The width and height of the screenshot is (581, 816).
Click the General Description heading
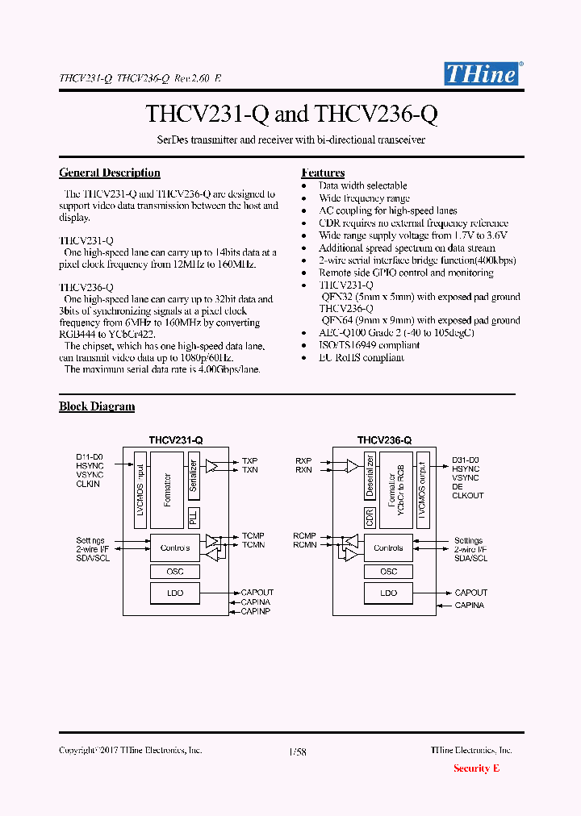click(110, 173)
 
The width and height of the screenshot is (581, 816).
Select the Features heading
click(323, 173)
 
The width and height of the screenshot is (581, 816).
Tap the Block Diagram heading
click(97, 406)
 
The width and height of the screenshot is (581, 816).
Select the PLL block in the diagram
click(194, 518)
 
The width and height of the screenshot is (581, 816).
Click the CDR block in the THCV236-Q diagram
click(370, 518)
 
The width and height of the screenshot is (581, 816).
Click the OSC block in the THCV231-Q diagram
click(175, 572)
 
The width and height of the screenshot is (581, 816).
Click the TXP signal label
click(249, 461)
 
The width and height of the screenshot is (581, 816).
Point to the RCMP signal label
click(304, 536)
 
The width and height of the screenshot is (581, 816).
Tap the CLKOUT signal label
click(468, 496)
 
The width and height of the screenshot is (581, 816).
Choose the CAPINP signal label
click(256, 612)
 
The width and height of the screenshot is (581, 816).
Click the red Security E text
click(476, 768)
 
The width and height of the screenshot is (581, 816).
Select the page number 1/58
click(297, 751)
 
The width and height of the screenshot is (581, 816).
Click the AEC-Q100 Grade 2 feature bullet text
click(396, 333)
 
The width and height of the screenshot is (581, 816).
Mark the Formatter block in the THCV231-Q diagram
click(168, 489)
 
